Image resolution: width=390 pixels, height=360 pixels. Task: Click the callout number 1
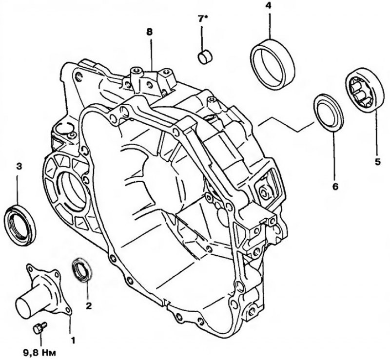coord(73,340)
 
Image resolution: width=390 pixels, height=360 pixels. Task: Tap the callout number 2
coord(89,305)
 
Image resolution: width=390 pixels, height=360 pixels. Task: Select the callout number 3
coord(19,166)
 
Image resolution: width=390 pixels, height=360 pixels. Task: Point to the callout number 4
coord(268,6)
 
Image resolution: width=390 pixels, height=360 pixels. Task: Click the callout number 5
coord(378,162)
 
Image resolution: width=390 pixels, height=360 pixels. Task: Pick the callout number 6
coord(335,187)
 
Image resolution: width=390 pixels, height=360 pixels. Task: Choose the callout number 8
coord(150,32)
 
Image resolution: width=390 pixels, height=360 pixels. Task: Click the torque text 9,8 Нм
coord(40,352)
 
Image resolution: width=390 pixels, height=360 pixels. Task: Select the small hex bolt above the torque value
coord(40,328)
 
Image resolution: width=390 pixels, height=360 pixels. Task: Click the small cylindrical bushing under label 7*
coord(205,57)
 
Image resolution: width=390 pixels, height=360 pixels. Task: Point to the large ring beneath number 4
coord(273,64)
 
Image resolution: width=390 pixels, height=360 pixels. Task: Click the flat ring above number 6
coord(329,112)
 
